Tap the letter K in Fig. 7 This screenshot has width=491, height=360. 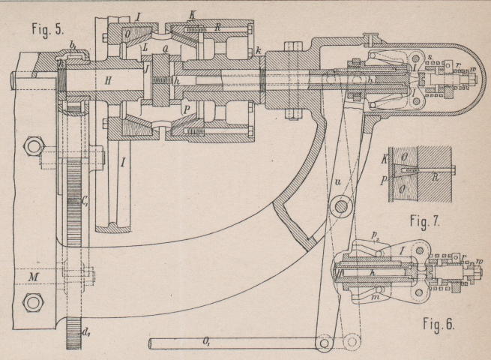(386, 160)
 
